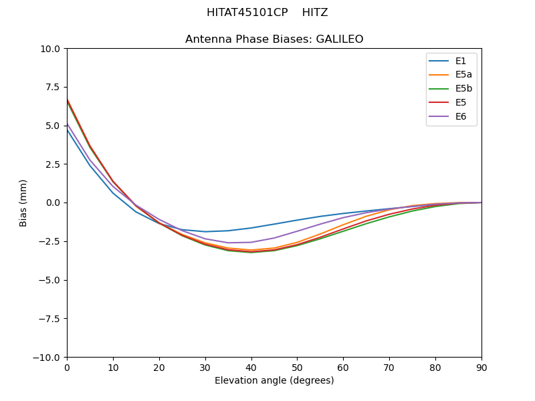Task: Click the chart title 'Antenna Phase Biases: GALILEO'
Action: (x=274, y=39)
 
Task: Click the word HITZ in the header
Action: (x=315, y=13)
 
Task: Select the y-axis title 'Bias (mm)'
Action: (x=23, y=203)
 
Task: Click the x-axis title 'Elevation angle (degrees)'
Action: (x=274, y=381)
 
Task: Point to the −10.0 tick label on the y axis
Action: (x=48, y=357)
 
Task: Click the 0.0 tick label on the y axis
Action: (x=53, y=203)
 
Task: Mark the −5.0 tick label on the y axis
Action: (x=51, y=280)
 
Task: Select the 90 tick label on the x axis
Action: (x=481, y=368)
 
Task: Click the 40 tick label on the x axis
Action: (x=251, y=368)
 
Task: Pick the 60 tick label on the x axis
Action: (x=343, y=368)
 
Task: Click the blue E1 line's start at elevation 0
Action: (x=68, y=130)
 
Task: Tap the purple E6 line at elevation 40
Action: (x=251, y=242)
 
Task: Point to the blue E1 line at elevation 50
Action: (x=297, y=220)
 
